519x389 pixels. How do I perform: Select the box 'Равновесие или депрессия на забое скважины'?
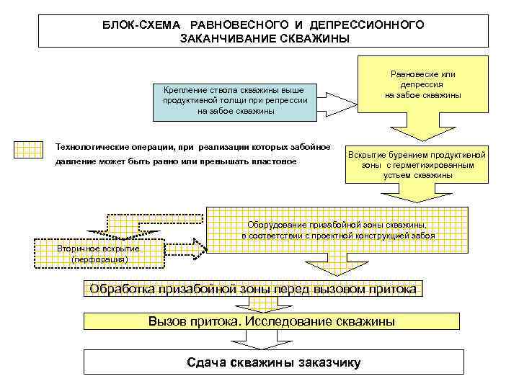click(422, 84)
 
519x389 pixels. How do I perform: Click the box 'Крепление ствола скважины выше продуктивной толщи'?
click(235, 100)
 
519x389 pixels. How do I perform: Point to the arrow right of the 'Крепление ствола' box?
click(339, 100)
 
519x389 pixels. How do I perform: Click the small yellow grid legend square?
click(29, 148)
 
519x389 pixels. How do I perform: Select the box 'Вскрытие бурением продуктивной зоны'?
click(417, 165)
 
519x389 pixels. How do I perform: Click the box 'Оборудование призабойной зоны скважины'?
click(337, 228)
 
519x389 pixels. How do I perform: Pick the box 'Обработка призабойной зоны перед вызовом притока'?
click(252, 290)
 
